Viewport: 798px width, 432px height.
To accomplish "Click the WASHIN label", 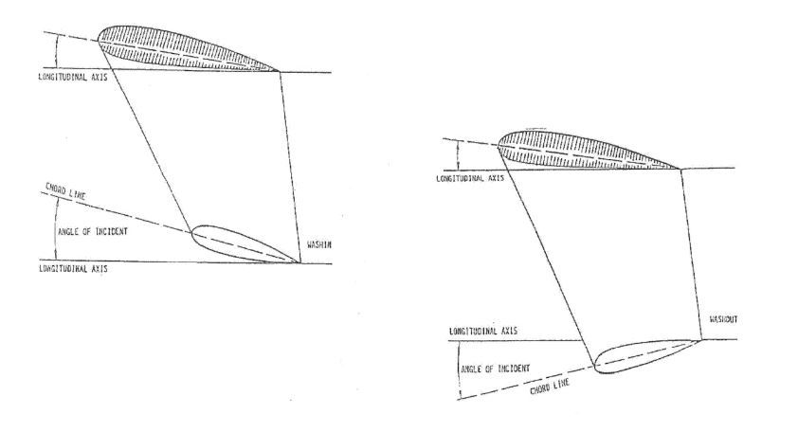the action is pyautogui.click(x=317, y=246).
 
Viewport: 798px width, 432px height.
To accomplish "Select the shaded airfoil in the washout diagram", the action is pyautogui.click(x=578, y=150).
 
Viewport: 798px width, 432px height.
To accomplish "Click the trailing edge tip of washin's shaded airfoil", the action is pyautogui.click(x=281, y=70).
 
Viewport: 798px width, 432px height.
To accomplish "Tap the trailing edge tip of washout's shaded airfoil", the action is pyautogui.click(x=681, y=168).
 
